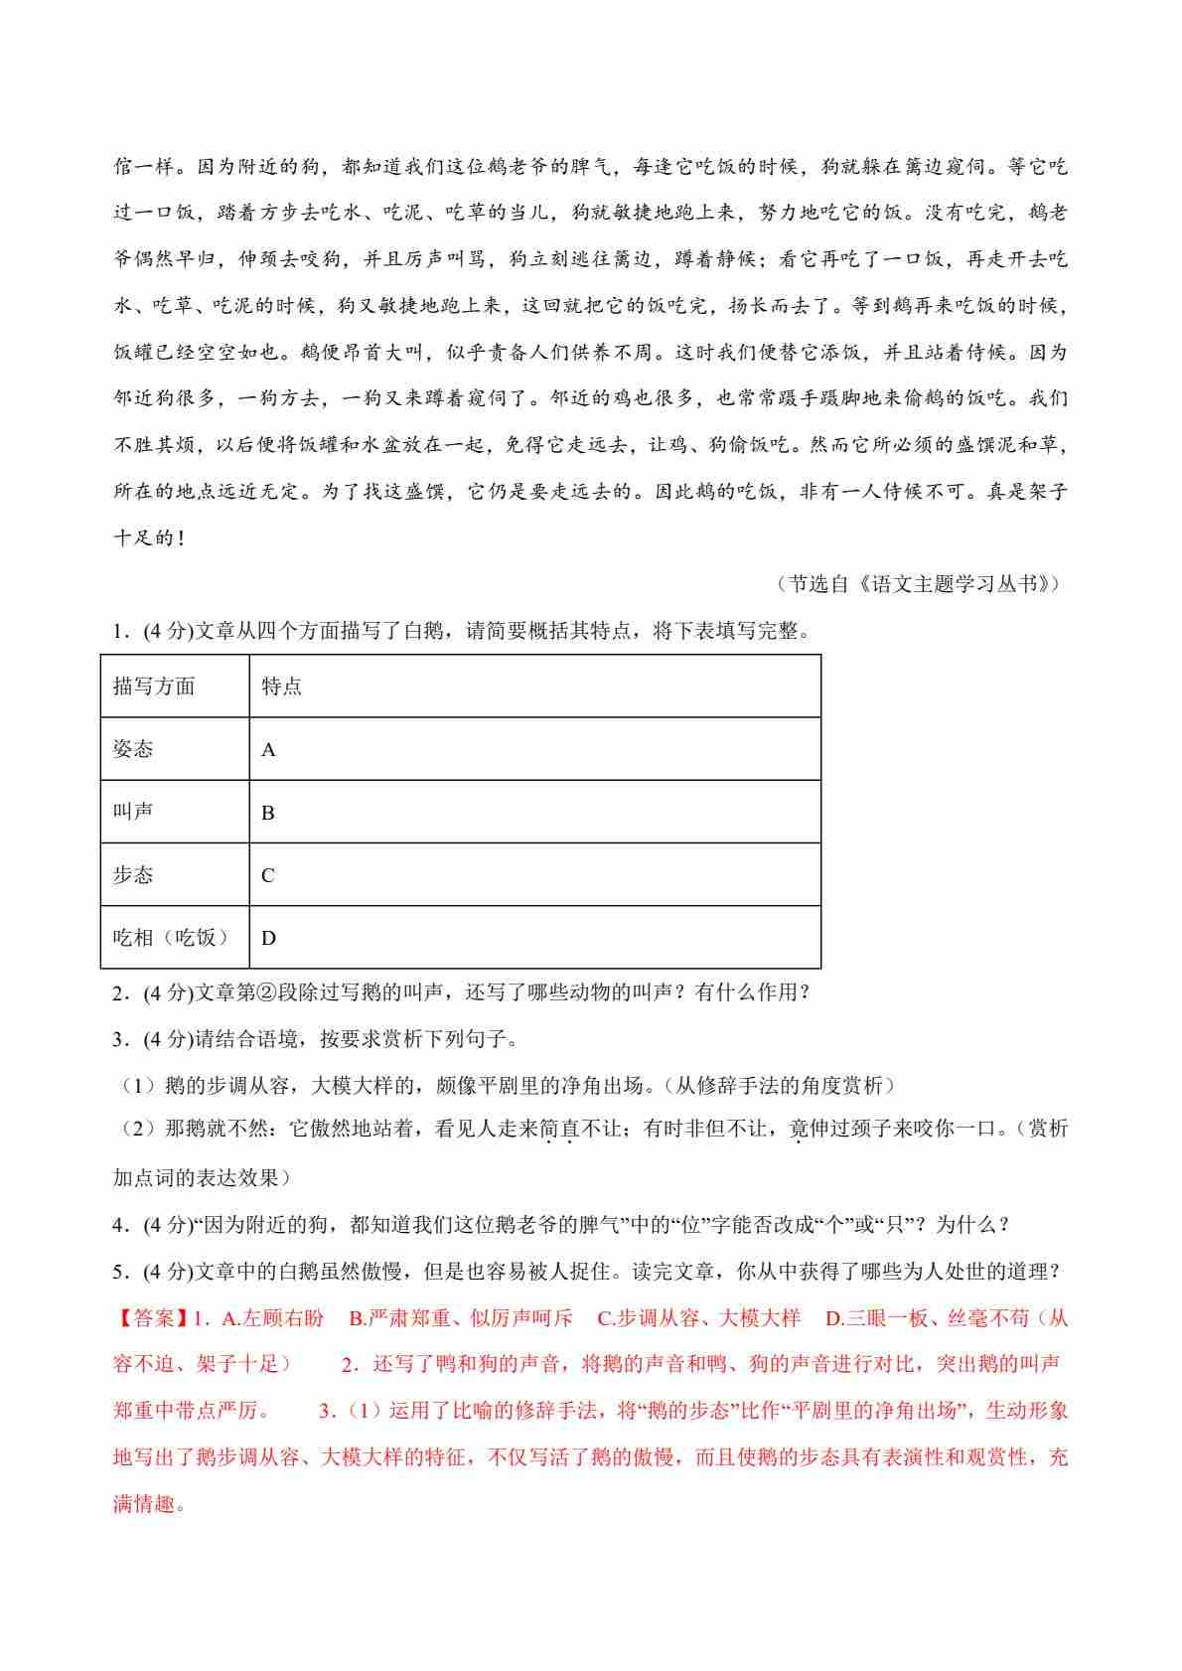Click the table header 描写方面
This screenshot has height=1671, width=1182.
pyautogui.click(x=154, y=686)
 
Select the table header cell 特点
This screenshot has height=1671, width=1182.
pyautogui.click(x=281, y=686)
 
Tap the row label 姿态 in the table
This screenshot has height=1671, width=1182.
pyautogui.click(x=133, y=749)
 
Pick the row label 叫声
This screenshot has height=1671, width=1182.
pyautogui.click(x=133, y=812)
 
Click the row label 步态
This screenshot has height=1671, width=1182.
pyautogui.click(x=133, y=874)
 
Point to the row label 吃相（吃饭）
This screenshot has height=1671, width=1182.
pyautogui.click(x=172, y=937)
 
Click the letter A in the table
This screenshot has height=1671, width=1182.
pyautogui.click(x=268, y=750)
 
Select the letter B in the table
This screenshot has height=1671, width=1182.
pyautogui.click(x=268, y=813)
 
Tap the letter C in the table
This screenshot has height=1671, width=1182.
pyautogui.click(x=268, y=875)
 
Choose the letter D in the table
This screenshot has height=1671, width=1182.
pyautogui.click(x=268, y=938)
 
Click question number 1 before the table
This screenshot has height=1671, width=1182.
pyautogui.click(x=118, y=631)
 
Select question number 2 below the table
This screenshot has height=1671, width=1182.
pyautogui.click(x=118, y=992)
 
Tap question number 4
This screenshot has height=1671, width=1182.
pyautogui.click(x=118, y=1225)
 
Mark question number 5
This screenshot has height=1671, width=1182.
pyautogui.click(x=118, y=1272)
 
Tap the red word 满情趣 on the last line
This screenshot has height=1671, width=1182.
pyautogui.click(x=149, y=1503)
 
